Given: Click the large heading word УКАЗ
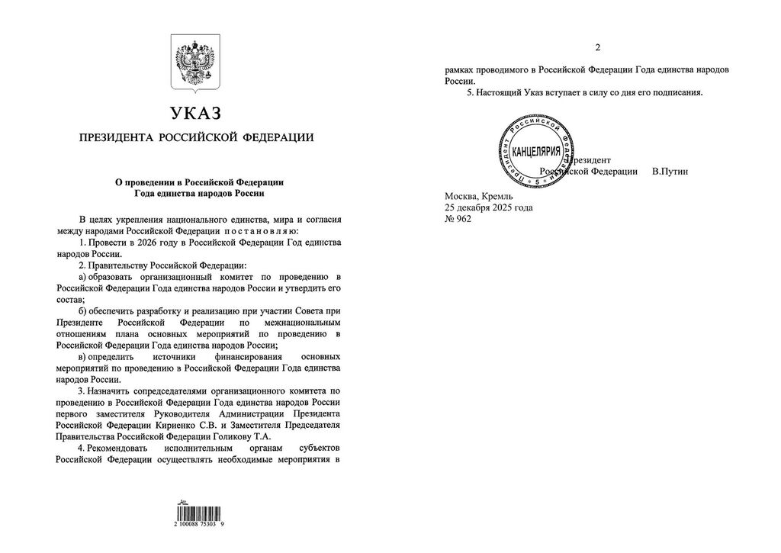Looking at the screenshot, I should [x=196, y=114].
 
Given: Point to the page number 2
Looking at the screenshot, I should [x=597, y=47].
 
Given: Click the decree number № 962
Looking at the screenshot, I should [x=458, y=219].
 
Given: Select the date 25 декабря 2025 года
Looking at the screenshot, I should [x=489, y=207].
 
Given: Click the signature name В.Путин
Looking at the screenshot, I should [x=670, y=172].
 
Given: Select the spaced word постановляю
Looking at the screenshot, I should [x=262, y=230].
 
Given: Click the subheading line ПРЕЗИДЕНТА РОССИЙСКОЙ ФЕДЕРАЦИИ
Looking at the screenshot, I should [x=196, y=138].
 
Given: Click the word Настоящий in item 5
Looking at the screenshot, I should [x=496, y=92].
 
